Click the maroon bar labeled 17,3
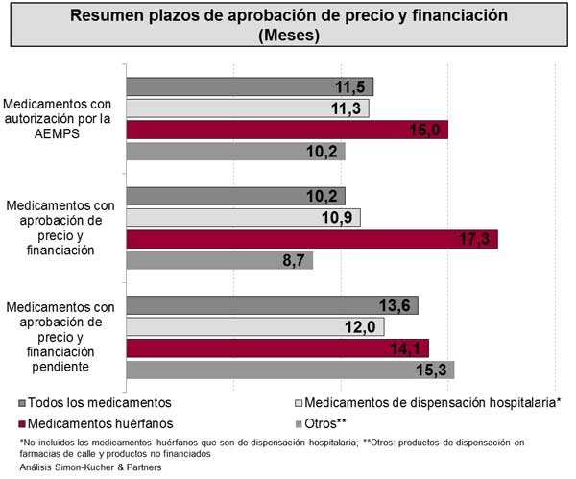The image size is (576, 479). pyautogui.click(x=312, y=239)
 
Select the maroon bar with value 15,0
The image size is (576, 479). pyautogui.click(x=287, y=130)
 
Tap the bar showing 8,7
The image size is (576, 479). pyautogui.click(x=220, y=260)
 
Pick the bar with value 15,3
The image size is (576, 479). pyautogui.click(x=290, y=370)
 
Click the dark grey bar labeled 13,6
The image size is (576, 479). pyautogui.click(x=272, y=305)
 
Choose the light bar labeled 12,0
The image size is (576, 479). pyautogui.click(x=255, y=326)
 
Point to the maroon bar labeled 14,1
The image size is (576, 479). pyautogui.click(x=277, y=347)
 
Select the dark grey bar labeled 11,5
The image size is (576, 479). pyautogui.click(x=250, y=86)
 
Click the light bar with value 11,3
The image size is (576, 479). pyautogui.click(x=248, y=108)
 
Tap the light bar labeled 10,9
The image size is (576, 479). pyautogui.click(x=243, y=217)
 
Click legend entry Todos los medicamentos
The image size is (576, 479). pyautogui.click(x=95, y=401)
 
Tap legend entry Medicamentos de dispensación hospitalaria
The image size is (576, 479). pyautogui.click(x=427, y=401)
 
